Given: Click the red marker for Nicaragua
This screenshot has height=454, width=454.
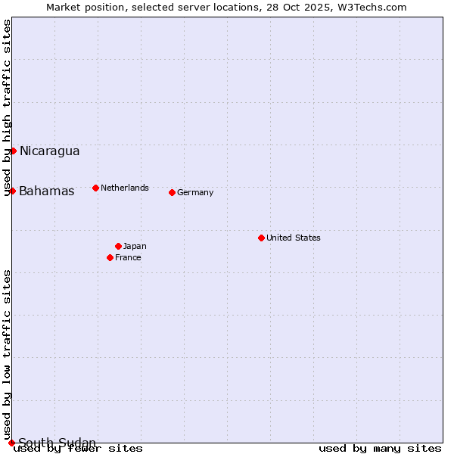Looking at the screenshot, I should point(13,151).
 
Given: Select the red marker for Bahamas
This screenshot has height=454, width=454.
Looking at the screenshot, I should point(12,191).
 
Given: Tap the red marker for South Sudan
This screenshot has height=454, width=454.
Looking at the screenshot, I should point(11,443).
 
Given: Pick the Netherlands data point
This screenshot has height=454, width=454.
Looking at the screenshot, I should point(95,188).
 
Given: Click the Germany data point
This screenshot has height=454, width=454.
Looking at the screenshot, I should point(172,192).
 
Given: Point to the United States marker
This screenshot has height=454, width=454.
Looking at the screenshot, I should point(261,238).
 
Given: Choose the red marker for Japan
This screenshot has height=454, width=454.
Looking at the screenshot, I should point(118,246).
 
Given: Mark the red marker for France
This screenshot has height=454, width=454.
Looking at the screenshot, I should point(110,257).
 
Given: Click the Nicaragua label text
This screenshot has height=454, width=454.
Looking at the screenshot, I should point(49,151).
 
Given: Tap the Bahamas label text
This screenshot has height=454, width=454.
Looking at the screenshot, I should point(47,191).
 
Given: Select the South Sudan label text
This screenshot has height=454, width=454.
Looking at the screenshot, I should point(57,443).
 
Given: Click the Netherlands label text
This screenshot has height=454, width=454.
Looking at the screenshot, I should point(125,188).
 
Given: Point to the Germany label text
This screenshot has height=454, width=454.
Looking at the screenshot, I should point(195,192).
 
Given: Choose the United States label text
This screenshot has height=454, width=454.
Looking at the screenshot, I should point(294,238).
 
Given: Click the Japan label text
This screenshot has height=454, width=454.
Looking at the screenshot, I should point(135,246).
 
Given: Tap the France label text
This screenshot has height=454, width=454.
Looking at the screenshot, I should point(128,257).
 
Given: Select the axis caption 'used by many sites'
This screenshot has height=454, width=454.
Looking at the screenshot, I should point(380,449).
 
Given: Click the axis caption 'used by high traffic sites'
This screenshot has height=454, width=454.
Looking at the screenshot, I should point(7,107).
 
